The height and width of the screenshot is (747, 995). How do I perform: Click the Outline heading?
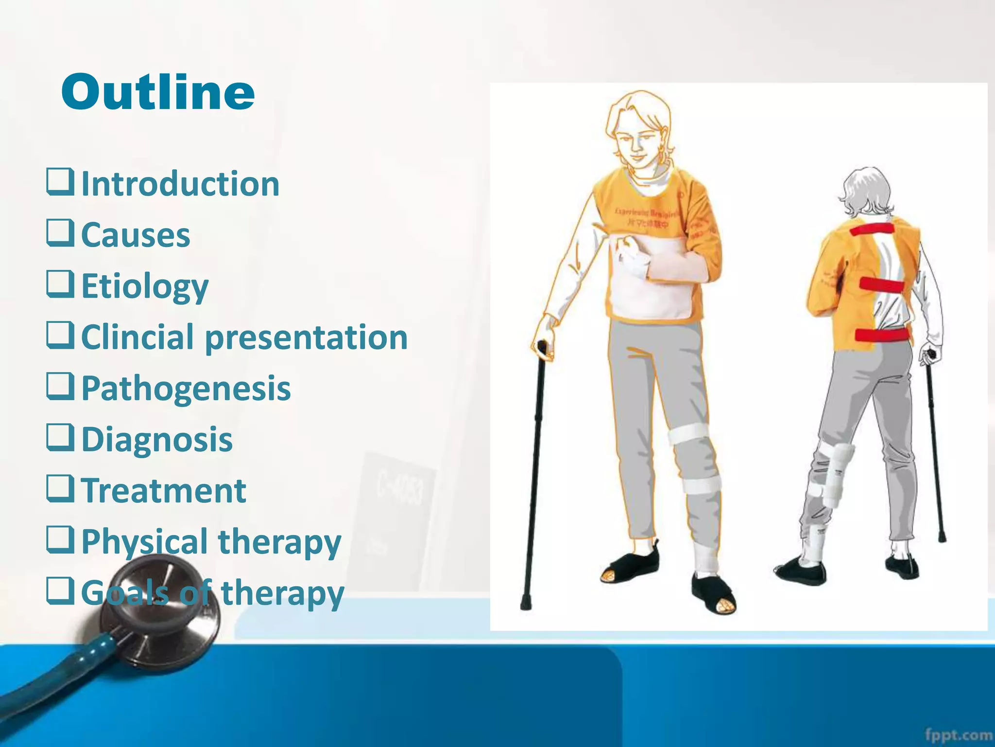point(158,92)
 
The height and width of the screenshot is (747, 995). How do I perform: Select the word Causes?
point(136,235)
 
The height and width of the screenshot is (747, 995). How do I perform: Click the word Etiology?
point(145,286)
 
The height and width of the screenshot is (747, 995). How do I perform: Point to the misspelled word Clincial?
point(137,337)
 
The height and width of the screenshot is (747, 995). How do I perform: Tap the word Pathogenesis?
point(186,388)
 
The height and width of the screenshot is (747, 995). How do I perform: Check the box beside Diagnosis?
point(60,437)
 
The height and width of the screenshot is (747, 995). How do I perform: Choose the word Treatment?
point(164,490)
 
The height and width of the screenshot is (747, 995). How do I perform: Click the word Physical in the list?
point(144,541)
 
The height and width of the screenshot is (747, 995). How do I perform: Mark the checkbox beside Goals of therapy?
point(60,590)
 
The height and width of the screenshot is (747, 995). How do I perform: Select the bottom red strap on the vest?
point(882,335)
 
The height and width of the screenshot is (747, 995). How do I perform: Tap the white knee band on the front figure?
point(689,433)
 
